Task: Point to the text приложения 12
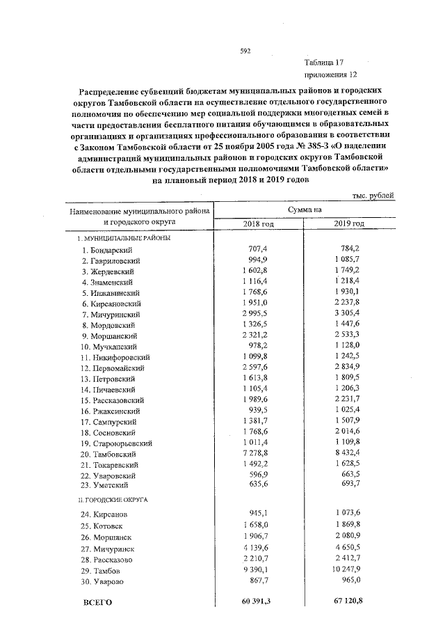(x=330, y=74)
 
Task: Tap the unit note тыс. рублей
(x=373, y=196)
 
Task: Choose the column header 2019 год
(x=349, y=223)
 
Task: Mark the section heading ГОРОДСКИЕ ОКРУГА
(x=115, y=499)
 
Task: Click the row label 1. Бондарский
(x=106, y=250)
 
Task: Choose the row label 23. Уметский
(x=106, y=485)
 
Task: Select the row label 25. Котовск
(x=104, y=526)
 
